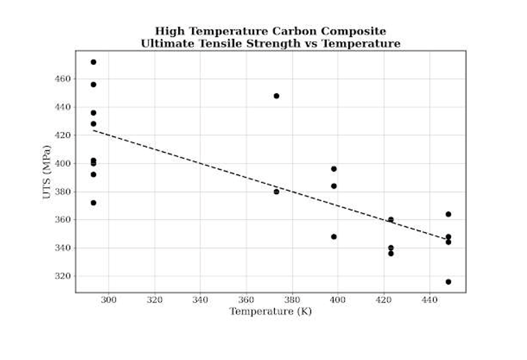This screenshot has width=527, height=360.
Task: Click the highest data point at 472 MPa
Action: pos(93,62)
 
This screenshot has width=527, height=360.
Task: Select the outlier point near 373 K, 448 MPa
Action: pos(276,96)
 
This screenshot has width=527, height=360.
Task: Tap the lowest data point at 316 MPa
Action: pos(448,282)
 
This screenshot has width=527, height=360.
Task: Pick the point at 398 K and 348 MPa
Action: pos(334,237)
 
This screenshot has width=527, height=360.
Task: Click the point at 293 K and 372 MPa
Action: pos(93,203)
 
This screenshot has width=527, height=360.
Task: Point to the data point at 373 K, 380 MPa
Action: pos(276,191)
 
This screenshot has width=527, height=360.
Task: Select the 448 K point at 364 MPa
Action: pos(448,214)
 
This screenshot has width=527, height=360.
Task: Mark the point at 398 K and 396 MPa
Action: pos(334,169)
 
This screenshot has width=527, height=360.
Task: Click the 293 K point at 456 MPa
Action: pos(93,84)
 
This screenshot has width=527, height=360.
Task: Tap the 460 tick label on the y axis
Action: pos(62,79)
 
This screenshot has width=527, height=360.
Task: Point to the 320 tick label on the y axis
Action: pos(62,276)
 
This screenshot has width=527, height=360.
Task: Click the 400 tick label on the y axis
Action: pos(62,164)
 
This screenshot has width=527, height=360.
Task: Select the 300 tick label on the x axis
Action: pos(108,301)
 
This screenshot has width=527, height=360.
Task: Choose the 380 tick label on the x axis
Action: pos(292,301)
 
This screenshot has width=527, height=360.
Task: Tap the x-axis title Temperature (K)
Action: pos(271,312)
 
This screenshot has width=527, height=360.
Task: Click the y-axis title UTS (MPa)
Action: pos(46,173)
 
